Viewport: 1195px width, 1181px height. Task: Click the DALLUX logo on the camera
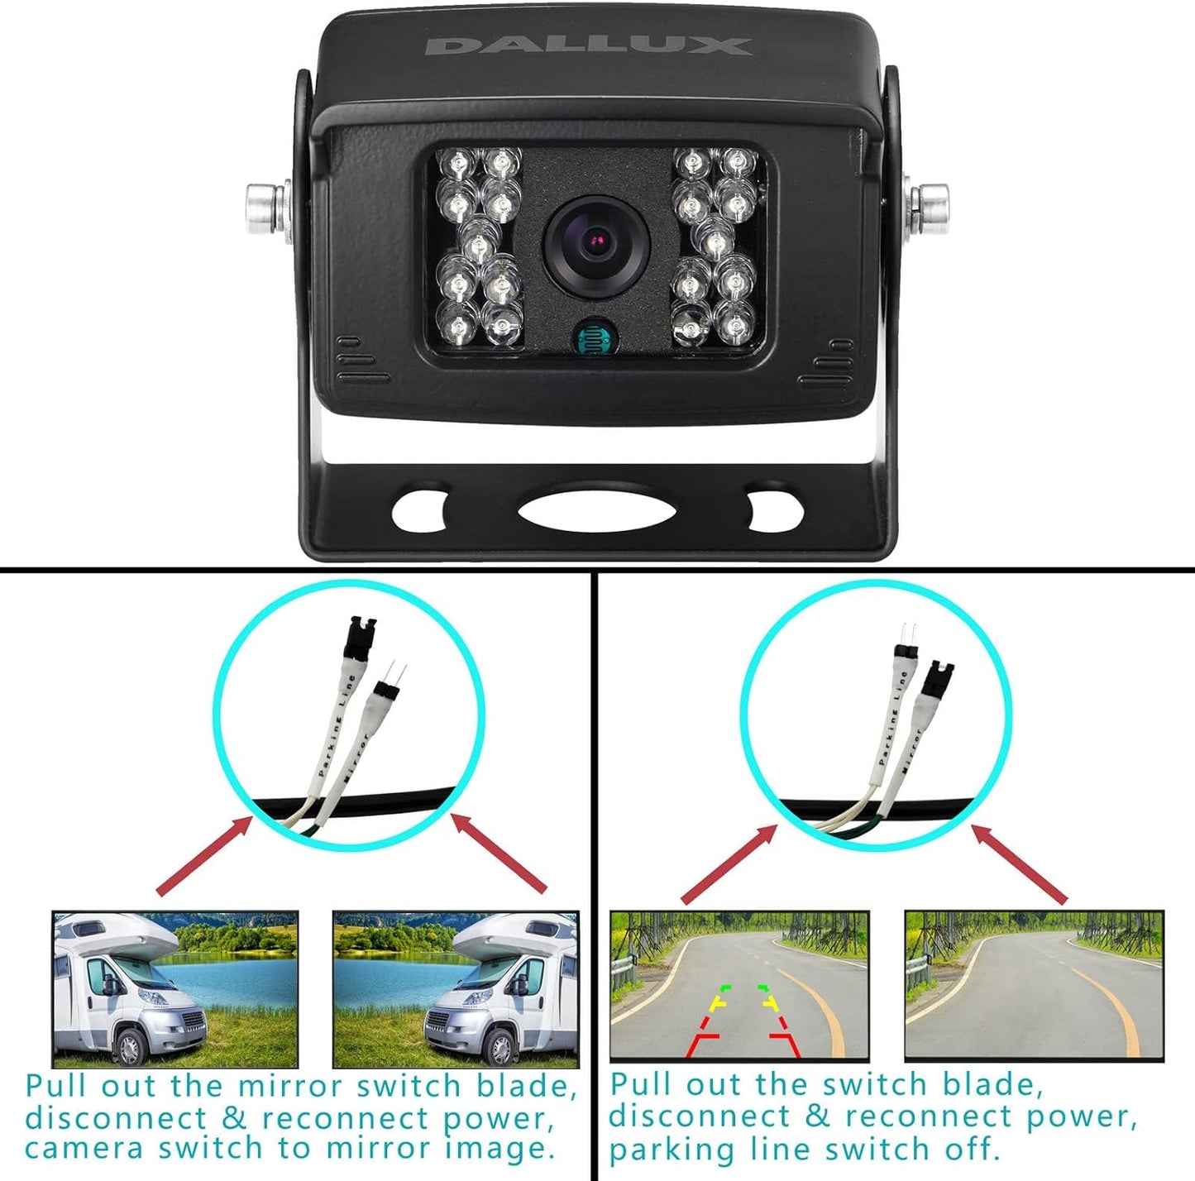click(588, 45)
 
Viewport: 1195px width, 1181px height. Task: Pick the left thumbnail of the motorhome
click(174, 989)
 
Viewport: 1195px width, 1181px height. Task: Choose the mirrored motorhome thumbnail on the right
click(455, 989)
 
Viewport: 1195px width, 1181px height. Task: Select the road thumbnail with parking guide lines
click(739, 986)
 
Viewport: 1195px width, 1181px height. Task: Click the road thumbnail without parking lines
click(1034, 986)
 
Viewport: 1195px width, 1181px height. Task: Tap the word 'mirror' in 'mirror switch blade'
click(289, 1086)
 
